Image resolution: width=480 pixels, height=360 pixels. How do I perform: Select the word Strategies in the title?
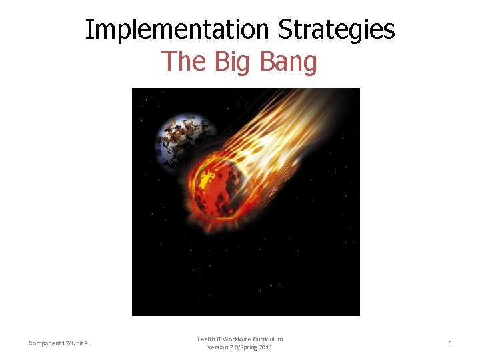337,30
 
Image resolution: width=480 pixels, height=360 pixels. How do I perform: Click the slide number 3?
449,343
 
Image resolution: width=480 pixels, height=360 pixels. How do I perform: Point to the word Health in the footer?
205,339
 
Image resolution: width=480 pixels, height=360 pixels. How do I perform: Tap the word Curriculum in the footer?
268,339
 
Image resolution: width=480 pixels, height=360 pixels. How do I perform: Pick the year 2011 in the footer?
265,347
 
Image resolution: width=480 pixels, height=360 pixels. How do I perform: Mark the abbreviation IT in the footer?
218,339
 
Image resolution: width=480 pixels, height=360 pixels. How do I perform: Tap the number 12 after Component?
67,343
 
